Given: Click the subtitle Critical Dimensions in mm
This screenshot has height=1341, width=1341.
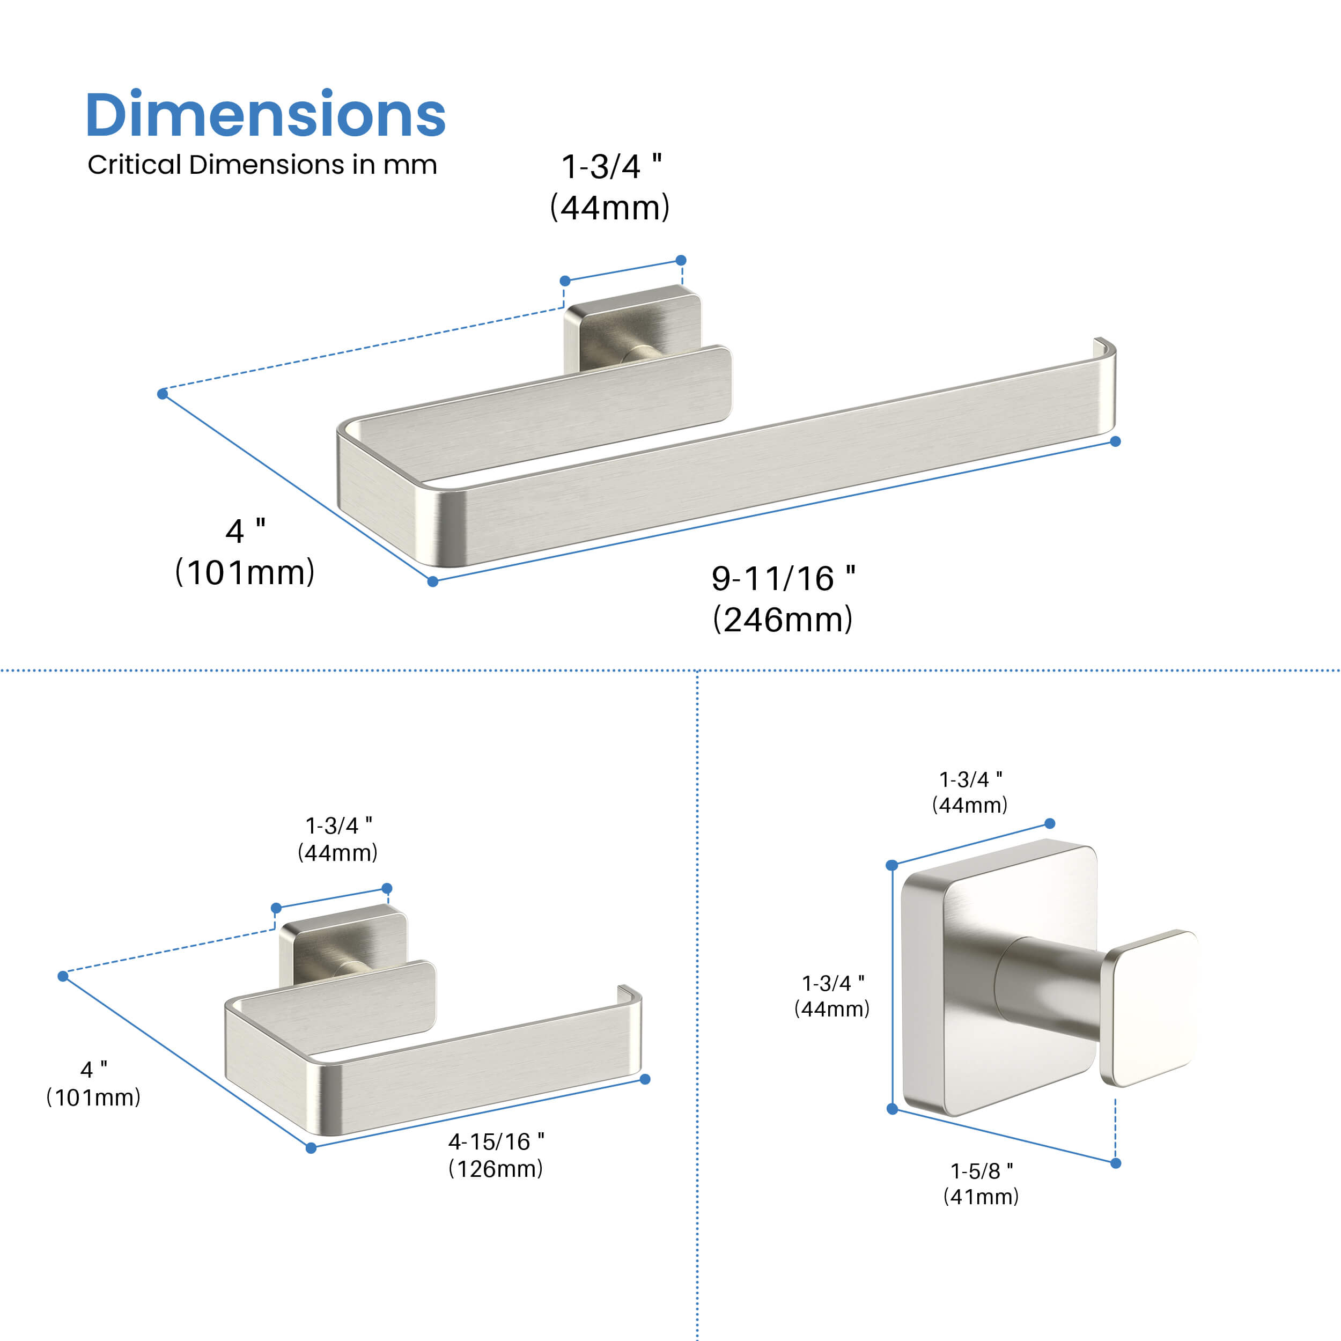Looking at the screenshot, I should (x=262, y=165).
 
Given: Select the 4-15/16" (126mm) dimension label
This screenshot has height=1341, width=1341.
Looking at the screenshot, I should (x=496, y=1155).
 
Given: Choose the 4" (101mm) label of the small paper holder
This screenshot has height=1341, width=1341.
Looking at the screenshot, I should (x=93, y=1083).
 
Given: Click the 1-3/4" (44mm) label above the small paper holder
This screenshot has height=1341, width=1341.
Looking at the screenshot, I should (x=338, y=838).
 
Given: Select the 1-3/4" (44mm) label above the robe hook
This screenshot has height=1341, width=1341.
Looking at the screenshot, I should (x=970, y=792).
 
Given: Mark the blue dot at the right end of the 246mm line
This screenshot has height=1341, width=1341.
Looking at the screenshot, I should (x=1115, y=441).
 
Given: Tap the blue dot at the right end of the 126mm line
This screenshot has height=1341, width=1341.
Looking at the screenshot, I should (x=645, y=1079).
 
